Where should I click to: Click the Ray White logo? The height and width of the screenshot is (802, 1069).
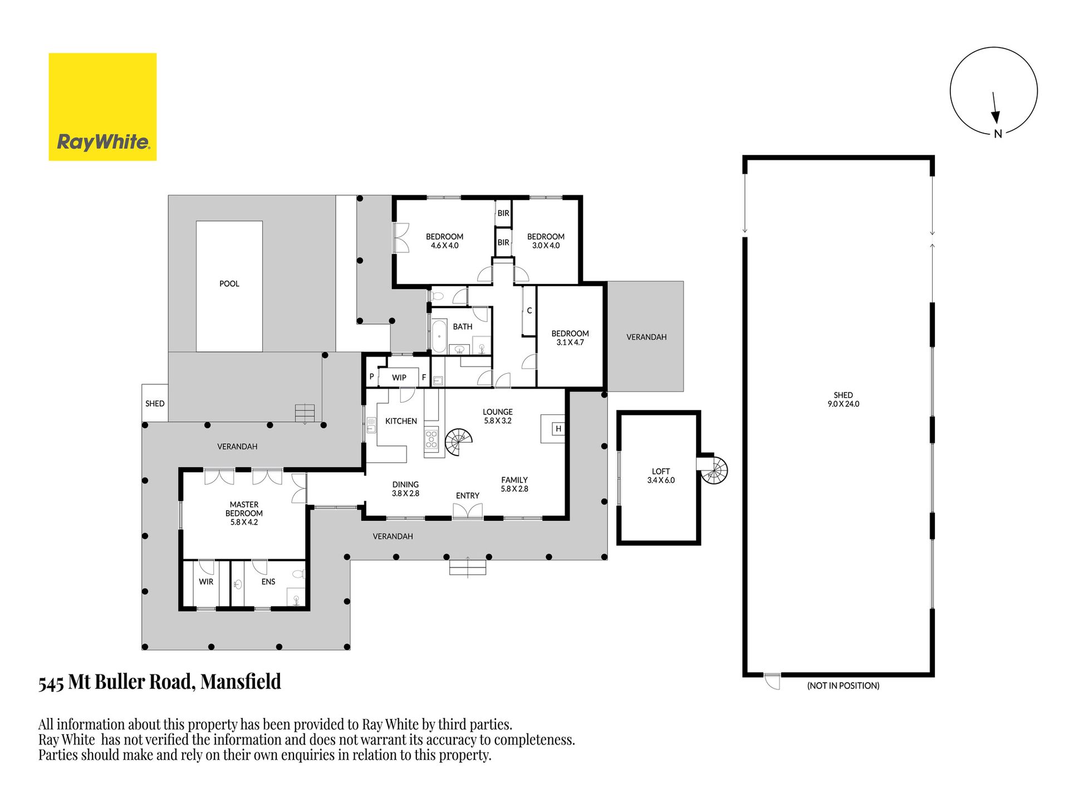102,107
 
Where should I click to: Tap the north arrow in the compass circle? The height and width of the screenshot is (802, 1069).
995,108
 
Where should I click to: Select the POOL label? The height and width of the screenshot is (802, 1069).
229,283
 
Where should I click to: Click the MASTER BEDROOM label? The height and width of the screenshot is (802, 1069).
244,513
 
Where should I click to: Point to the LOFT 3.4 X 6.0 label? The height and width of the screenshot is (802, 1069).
661,476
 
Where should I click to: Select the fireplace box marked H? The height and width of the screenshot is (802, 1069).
558,428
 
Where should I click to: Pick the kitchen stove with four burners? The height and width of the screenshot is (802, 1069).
431,439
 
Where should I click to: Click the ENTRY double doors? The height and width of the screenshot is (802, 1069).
468,512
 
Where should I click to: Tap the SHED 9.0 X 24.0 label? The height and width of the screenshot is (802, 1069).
844,399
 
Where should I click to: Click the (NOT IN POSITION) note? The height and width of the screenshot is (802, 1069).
843,686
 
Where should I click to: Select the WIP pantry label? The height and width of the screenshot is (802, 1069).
399,377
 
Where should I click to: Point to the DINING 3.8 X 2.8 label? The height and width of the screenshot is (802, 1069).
405,489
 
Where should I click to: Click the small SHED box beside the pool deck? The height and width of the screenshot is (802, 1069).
155,403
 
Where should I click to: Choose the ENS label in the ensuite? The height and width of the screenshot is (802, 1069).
268,581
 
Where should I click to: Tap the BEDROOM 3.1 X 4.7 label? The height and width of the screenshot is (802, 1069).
570,338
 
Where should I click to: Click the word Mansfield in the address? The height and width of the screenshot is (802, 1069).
241,682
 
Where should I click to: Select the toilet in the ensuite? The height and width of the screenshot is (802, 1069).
298,574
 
